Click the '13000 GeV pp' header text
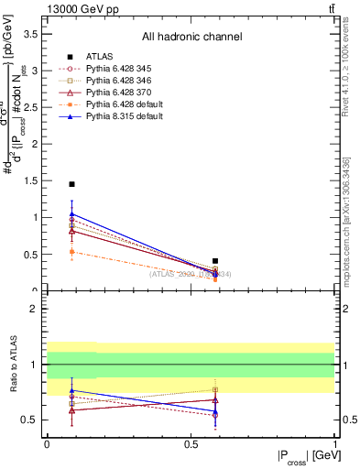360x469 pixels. (83, 9)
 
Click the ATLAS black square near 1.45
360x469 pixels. (71, 184)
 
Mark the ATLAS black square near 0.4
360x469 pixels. (215, 261)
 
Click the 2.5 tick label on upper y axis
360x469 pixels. (33, 107)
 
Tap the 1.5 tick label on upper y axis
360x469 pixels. (33, 180)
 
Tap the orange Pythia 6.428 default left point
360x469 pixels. (71, 251)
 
